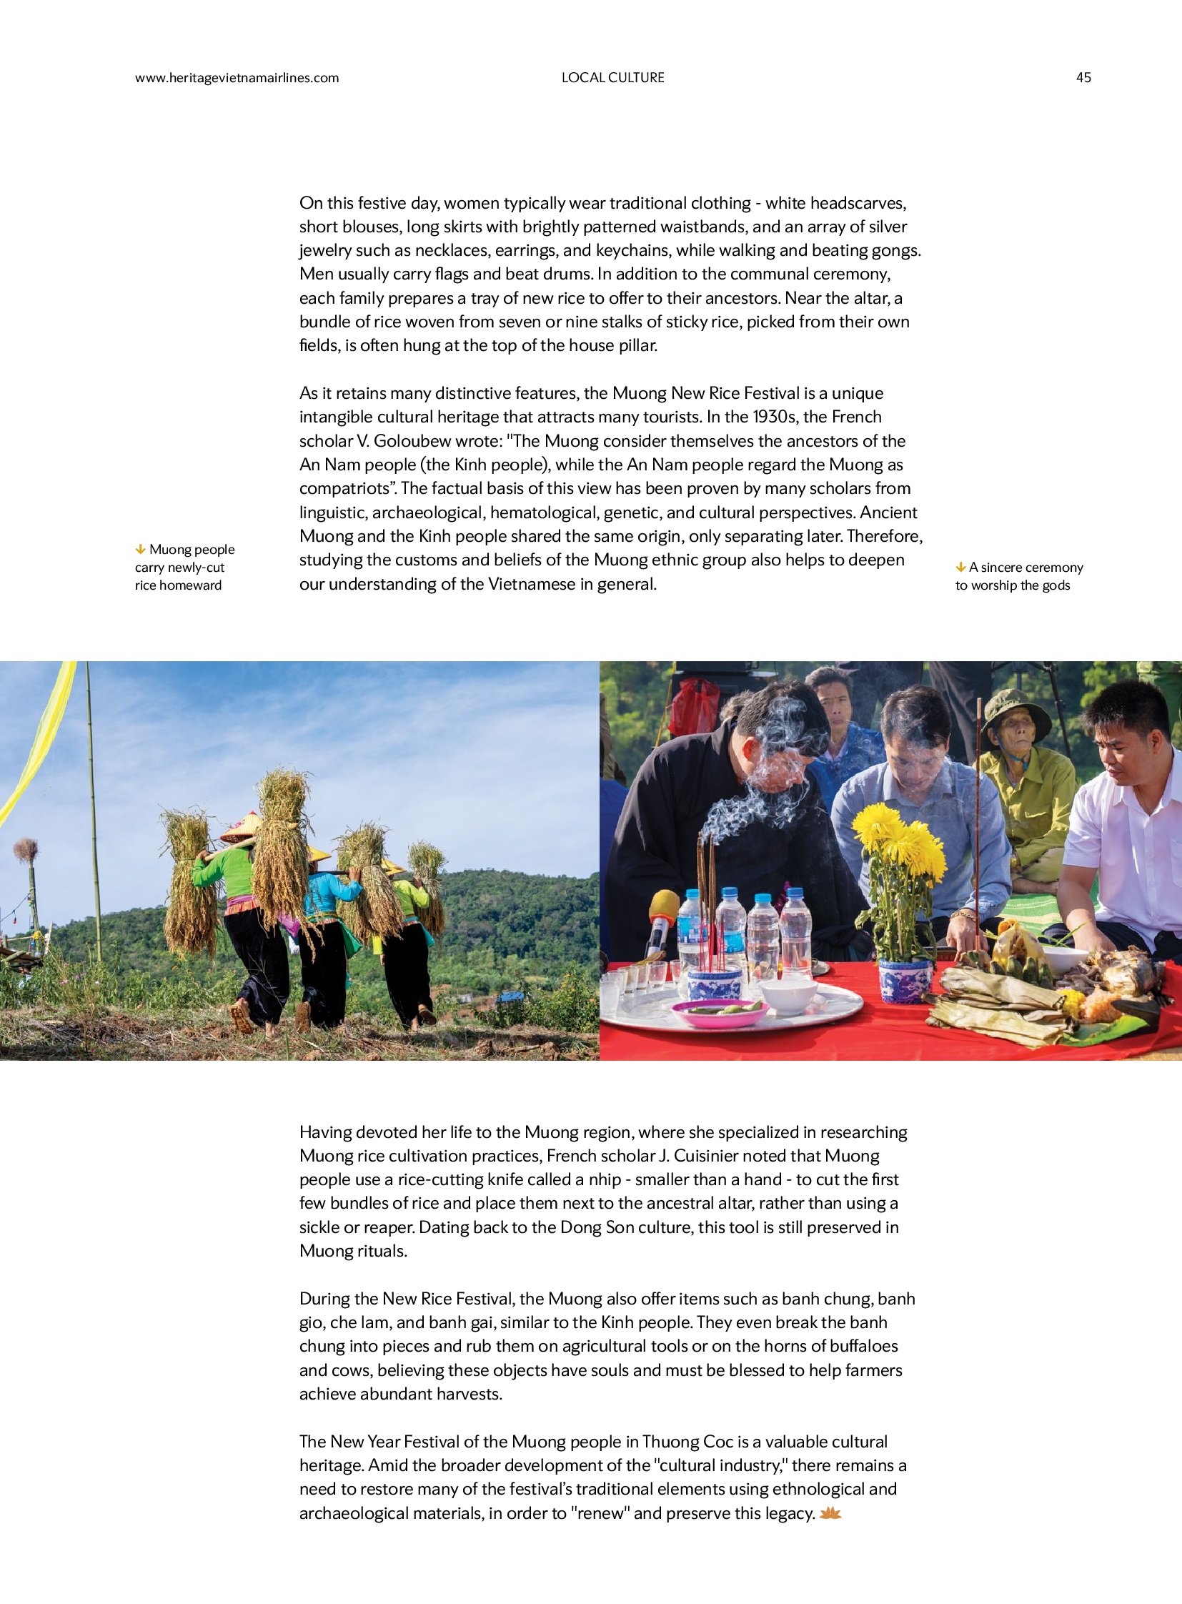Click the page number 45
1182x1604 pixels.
pos(1083,77)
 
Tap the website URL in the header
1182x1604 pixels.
pos(237,78)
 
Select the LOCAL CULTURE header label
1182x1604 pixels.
pos(612,77)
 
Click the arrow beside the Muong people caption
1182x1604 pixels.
pos(140,550)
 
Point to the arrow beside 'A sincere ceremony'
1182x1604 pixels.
pos(960,568)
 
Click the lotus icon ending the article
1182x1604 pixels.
pos(830,1514)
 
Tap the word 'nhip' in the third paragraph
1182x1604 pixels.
pos(593,1179)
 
